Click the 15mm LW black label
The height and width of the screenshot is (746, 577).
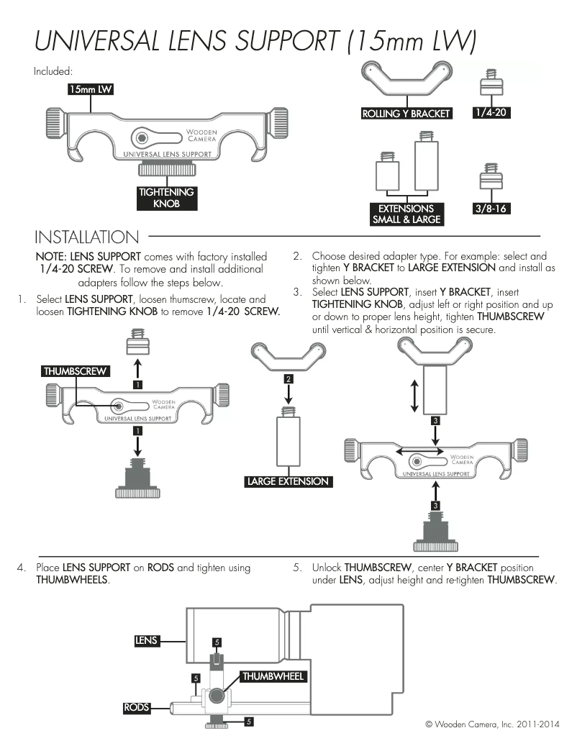tap(91, 89)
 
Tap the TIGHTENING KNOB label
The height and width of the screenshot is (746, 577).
tap(166, 198)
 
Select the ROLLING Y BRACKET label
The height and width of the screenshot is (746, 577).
tap(406, 114)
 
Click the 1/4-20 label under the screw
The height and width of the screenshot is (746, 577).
tap(491, 113)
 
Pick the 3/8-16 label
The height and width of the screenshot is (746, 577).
tap(491, 209)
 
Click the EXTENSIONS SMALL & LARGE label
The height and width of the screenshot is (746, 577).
tap(406, 214)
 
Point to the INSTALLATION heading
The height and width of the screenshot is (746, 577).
tap(87, 237)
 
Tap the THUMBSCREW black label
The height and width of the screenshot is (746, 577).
tap(75, 371)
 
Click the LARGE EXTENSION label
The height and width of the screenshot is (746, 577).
tap(288, 481)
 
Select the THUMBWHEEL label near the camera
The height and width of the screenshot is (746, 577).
tap(273, 676)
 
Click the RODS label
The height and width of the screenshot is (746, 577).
tap(137, 707)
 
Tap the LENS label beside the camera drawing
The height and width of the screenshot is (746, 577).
tap(146, 640)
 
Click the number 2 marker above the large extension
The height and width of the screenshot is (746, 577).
tap(288, 378)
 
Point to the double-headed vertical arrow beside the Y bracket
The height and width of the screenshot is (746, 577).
tap(414, 396)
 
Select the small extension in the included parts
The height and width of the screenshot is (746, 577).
tap(387, 171)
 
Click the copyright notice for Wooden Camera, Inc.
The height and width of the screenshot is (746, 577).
tap(492, 724)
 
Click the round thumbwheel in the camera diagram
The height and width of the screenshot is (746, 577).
tap(217, 696)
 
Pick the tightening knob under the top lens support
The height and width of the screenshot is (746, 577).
tap(166, 169)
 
